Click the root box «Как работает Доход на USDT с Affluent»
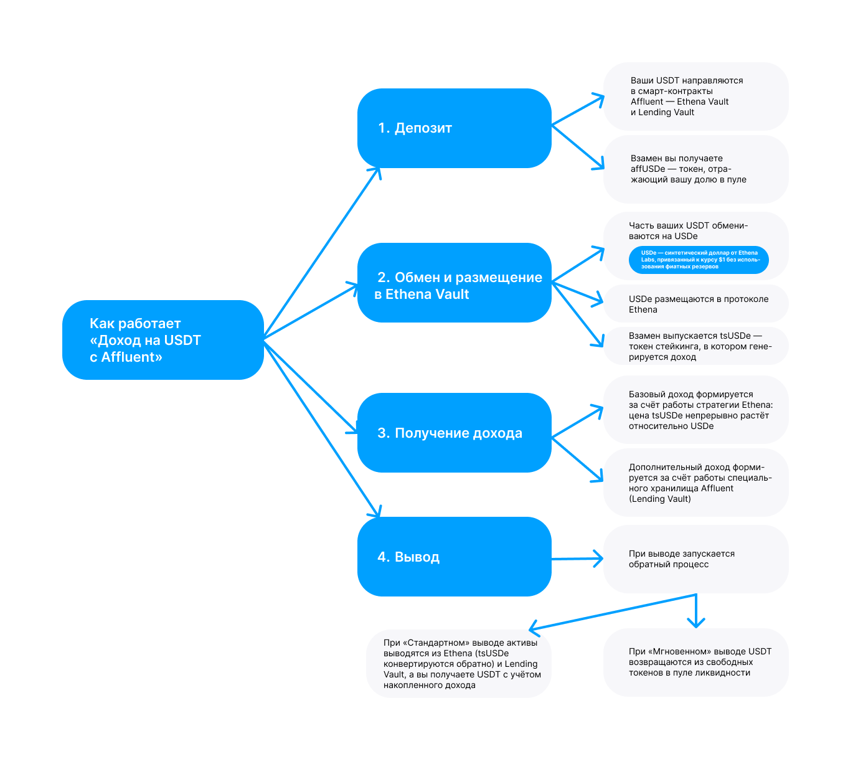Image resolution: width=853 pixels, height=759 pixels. [163, 340]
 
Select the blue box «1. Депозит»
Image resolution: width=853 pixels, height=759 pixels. [455, 128]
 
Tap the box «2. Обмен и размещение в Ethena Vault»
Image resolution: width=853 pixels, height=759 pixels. [455, 283]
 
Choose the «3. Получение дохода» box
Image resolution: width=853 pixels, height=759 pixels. [455, 432]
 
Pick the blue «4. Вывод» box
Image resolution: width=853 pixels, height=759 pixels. [455, 557]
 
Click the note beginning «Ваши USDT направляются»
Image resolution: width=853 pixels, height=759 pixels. [696, 97]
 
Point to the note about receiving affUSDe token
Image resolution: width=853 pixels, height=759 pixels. [696, 169]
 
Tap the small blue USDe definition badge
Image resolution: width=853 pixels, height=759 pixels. [699, 260]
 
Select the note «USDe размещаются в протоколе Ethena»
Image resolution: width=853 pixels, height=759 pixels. [696, 303]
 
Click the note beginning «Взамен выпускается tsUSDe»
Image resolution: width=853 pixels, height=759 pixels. [696, 346]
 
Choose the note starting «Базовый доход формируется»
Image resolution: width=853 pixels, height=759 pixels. [696, 410]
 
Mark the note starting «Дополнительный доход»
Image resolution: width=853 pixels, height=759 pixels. [696, 483]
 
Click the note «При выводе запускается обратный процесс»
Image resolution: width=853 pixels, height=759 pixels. [696, 559]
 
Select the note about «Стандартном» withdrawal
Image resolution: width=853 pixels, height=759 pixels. [458, 664]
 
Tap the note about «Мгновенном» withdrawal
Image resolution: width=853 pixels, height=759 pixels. [696, 662]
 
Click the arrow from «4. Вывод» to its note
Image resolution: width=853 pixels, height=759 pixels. [577, 559]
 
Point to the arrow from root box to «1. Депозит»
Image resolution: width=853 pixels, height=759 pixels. [322, 253]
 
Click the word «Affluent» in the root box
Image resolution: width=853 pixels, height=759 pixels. [131, 357]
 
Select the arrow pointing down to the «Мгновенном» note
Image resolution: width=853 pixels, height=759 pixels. [696, 611]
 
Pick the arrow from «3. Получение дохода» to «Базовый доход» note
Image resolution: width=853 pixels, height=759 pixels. [577, 422]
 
